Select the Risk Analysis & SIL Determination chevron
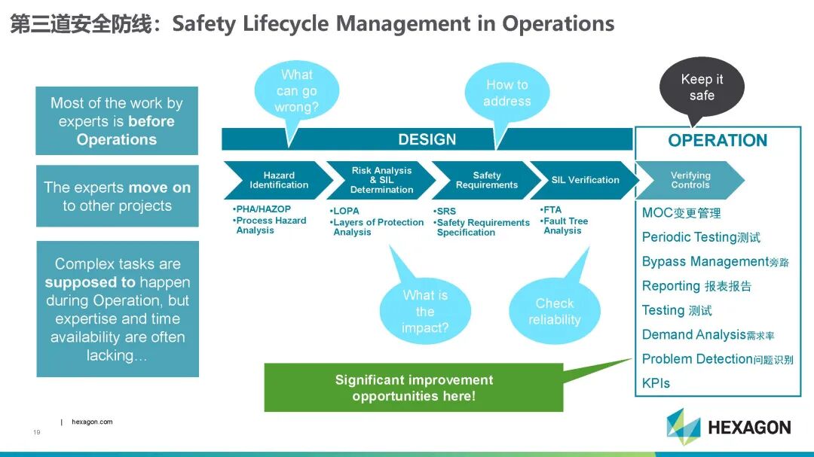[x=381, y=180]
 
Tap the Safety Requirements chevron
[x=486, y=180]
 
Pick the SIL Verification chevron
[x=585, y=180]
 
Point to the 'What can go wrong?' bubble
[x=297, y=91]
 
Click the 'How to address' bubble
[x=507, y=93]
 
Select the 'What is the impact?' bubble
[x=425, y=311]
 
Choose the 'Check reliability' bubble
[x=555, y=311]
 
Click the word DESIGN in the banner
[x=427, y=139]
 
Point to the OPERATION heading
[x=718, y=141]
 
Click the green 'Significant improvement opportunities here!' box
[x=414, y=388]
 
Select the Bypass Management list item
[x=705, y=262]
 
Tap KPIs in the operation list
[x=656, y=383]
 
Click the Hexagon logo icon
[x=683, y=427]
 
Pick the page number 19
[x=36, y=433]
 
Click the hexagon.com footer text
[x=92, y=422]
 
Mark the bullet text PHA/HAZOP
[x=262, y=209]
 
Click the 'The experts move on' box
[x=118, y=197]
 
